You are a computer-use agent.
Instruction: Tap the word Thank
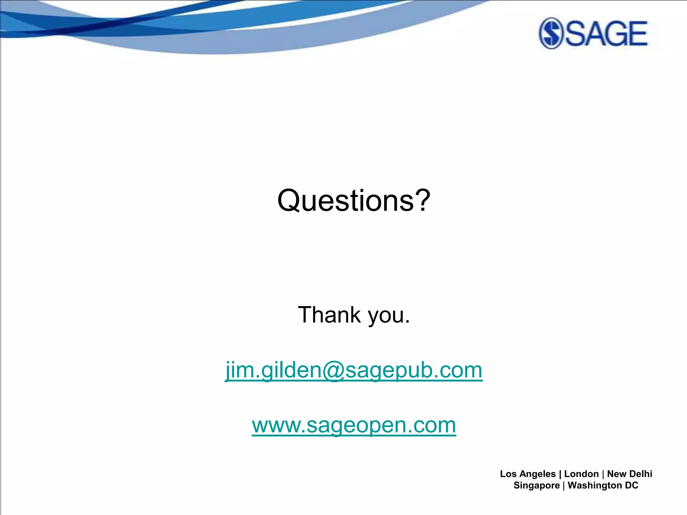coord(329,315)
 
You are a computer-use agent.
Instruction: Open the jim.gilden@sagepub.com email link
coord(354,370)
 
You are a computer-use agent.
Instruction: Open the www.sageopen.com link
coord(354,425)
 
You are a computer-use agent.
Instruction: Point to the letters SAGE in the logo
coord(606,34)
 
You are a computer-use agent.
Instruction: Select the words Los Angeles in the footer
coord(528,474)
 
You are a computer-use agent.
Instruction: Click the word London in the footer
coord(581,474)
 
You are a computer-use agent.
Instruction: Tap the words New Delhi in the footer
coord(630,474)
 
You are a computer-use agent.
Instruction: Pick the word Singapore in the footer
coord(536,485)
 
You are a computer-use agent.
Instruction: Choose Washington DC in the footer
coord(603,485)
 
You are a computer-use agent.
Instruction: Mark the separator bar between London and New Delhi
coord(603,474)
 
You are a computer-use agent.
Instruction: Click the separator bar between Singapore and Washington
coord(564,485)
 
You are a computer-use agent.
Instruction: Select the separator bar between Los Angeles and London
coord(560,474)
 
